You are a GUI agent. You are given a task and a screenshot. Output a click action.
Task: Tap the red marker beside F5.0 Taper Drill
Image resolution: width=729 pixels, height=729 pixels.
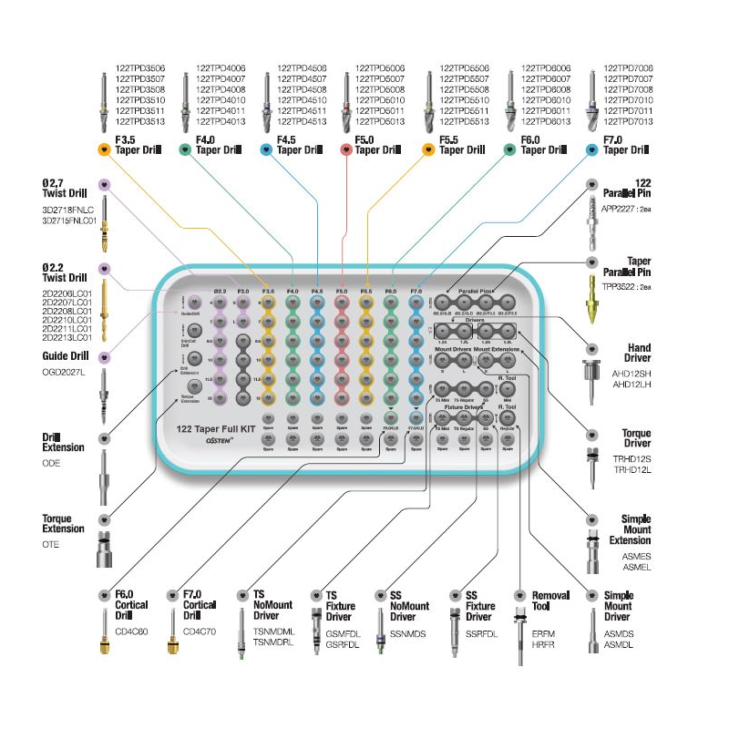(x=346, y=149)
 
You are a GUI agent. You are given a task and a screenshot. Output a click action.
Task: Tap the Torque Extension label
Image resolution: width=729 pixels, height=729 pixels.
(x=63, y=523)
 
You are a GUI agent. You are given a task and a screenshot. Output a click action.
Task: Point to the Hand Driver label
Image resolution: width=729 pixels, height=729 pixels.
(x=638, y=352)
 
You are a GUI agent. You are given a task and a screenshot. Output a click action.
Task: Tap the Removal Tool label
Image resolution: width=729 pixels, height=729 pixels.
(x=551, y=601)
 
